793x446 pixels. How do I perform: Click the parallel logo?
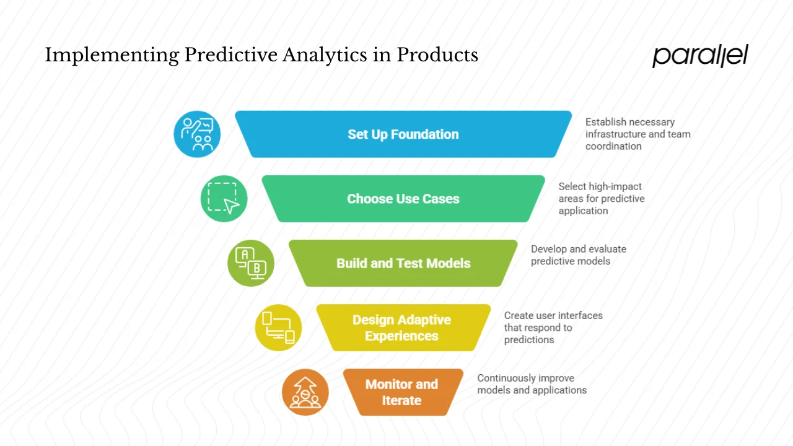(700, 56)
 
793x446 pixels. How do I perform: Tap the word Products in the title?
(437, 55)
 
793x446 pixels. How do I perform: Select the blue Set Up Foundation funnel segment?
(403, 134)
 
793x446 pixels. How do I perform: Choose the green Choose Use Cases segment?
(403, 199)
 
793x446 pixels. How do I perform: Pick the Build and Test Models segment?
(403, 263)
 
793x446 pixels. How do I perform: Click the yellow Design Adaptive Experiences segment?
(401, 328)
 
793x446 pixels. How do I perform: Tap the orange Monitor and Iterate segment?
(401, 392)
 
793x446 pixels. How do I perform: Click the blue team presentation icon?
(197, 134)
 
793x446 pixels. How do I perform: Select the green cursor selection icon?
(224, 199)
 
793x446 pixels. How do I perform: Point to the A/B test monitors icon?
(251, 263)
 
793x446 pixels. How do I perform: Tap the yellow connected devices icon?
(278, 328)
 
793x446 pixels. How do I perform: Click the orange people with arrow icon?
(305, 392)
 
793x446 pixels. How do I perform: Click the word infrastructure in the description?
(616, 134)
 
